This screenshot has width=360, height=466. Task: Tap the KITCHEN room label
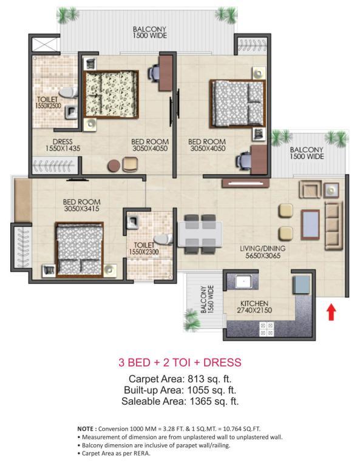tap(254, 303)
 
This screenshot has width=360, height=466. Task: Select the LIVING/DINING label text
tap(262, 248)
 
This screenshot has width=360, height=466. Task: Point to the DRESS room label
tap(63, 142)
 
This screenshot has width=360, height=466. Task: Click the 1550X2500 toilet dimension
tap(48, 106)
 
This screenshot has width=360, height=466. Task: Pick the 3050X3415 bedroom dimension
tap(81, 209)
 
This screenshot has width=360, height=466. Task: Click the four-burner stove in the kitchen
tap(267, 329)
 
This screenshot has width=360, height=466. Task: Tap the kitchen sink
tap(244, 281)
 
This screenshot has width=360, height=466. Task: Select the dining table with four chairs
tap(200, 234)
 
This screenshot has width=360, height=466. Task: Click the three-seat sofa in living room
tap(333, 226)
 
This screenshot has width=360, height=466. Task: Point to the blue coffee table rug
tap(310, 225)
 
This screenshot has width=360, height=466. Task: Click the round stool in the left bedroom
tap(114, 166)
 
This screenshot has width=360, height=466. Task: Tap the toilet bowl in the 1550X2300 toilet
tap(163, 240)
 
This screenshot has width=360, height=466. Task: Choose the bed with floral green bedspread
tap(111, 95)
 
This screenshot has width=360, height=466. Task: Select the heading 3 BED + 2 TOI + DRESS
tap(180, 362)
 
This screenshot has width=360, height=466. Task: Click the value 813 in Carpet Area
tap(196, 379)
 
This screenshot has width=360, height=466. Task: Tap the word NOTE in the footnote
tap(86, 429)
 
